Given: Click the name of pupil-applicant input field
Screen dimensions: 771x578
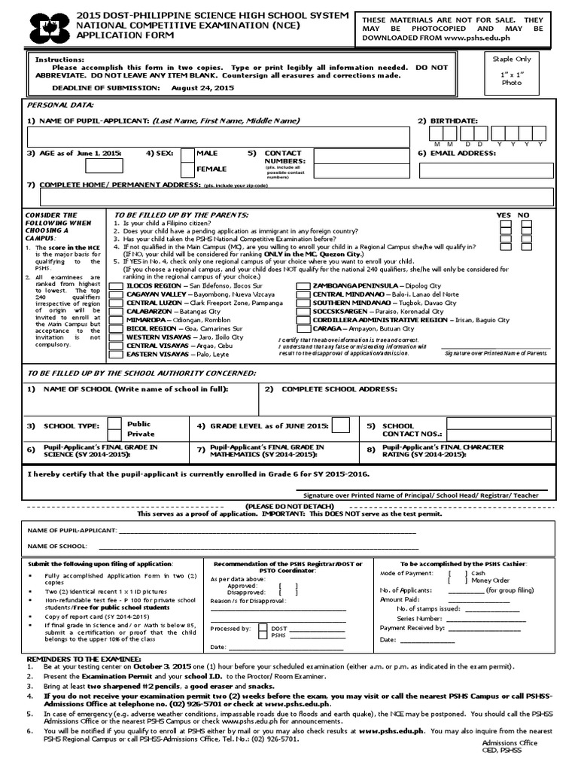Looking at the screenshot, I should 218,136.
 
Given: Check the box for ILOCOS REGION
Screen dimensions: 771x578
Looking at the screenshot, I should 119,287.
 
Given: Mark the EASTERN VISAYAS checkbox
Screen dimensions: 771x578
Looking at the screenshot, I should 119,354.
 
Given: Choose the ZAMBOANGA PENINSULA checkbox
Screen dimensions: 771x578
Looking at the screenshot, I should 303,287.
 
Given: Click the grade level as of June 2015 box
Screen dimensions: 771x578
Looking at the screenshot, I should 340,426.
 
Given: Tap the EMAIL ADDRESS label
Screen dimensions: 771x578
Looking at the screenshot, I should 463,153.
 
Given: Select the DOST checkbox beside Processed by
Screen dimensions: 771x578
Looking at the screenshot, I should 261,627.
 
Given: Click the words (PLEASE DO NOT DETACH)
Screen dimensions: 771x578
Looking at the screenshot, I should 290,505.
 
